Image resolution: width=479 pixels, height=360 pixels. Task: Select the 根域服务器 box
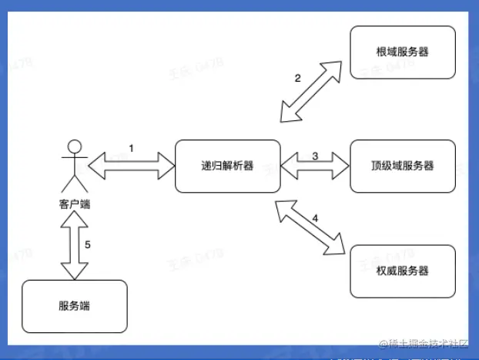(402, 52)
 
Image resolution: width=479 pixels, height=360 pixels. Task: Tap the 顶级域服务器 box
(402, 166)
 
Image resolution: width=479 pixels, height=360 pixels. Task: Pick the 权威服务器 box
(402, 271)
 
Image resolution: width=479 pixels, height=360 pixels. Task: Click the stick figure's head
(74, 145)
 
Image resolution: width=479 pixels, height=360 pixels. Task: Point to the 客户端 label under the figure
(74, 205)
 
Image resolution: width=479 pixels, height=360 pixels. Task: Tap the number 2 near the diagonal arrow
(297, 78)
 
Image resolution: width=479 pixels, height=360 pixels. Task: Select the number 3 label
(315, 156)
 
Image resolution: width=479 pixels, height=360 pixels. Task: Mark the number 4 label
(315, 218)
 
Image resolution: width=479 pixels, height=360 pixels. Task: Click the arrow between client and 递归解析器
(132, 163)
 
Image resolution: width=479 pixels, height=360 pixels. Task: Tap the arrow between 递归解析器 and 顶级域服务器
(314, 164)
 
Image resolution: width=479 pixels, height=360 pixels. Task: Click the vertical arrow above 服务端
(74, 247)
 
